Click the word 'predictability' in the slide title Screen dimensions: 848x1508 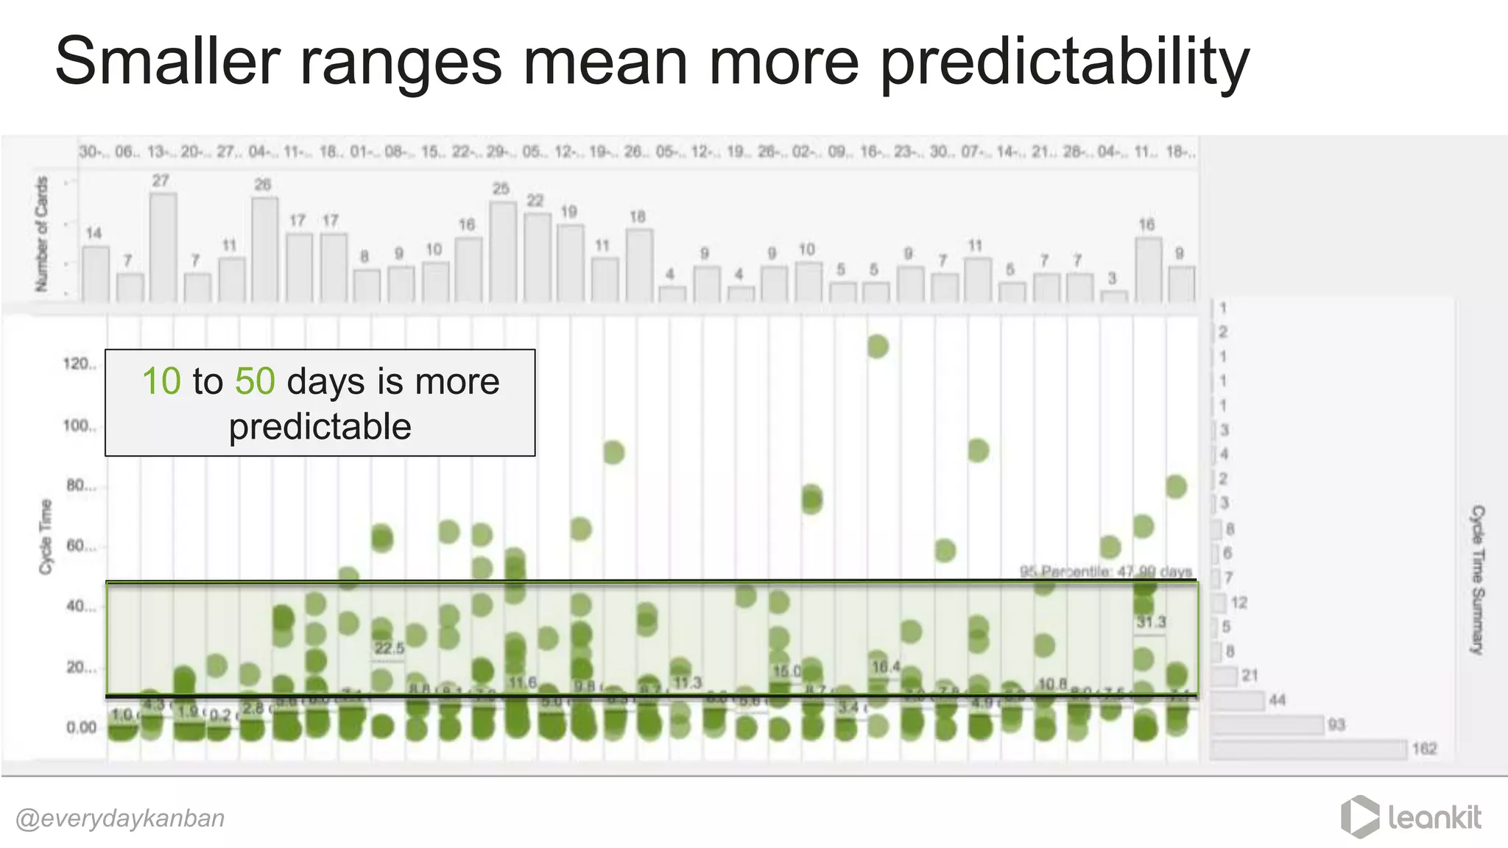coord(1064,62)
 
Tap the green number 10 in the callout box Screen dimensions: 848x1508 coord(161,381)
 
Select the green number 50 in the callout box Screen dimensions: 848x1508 coord(255,381)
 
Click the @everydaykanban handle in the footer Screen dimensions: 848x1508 coord(120,819)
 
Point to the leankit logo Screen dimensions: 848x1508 coord(1412,817)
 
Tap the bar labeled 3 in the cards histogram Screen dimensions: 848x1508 coord(1113,296)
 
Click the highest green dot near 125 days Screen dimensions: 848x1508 coord(877,346)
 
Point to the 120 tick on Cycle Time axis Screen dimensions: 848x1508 coord(79,364)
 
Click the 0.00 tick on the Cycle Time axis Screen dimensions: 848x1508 coord(81,727)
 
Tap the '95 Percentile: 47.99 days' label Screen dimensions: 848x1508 coord(1105,571)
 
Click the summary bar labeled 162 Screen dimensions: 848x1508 coord(1308,749)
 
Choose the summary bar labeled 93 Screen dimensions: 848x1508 coord(1267,725)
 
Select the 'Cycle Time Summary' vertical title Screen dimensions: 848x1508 coord(1477,579)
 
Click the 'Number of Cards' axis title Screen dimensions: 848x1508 coord(42,233)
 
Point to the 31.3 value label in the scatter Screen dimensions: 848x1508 coord(1150,623)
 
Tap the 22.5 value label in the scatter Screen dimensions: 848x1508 coord(389,649)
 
